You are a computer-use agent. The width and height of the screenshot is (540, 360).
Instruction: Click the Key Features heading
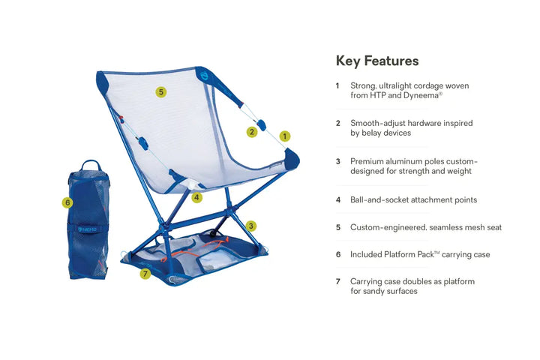pyautogui.click(x=376, y=61)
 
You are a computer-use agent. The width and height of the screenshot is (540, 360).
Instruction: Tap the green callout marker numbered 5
pyautogui.click(x=161, y=92)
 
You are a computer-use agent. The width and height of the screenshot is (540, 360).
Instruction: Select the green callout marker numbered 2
pyautogui.click(x=252, y=132)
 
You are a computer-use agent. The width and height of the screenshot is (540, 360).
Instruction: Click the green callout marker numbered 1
pyautogui.click(x=285, y=136)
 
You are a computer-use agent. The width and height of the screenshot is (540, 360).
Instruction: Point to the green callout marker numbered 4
pyautogui.click(x=196, y=198)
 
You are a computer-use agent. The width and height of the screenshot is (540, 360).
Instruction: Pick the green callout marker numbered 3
pyautogui.click(x=251, y=225)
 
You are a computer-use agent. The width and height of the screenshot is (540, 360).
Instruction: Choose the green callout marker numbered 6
pyautogui.click(x=67, y=202)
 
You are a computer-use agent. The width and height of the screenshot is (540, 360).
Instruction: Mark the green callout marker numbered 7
pyautogui.click(x=145, y=274)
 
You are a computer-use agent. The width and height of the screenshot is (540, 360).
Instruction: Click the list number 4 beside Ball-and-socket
pyautogui.click(x=337, y=200)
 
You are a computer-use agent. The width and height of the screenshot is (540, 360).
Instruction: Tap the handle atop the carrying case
pyautogui.click(x=91, y=164)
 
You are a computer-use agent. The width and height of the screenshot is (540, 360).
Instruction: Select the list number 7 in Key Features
pyautogui.click(x=337, y=281)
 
